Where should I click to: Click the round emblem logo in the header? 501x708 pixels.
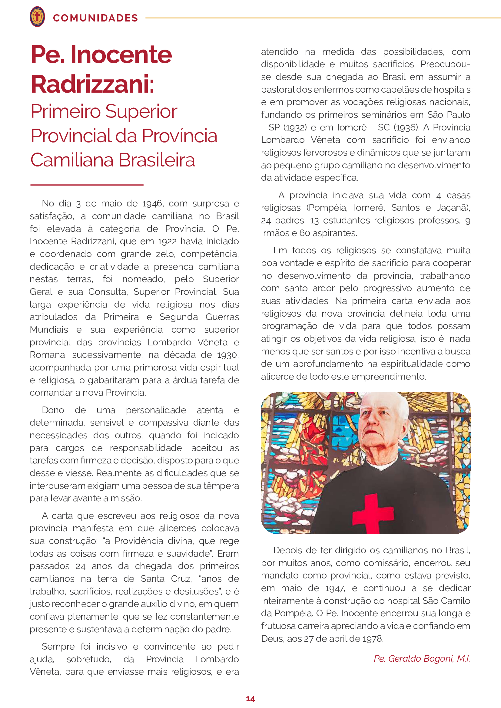coord(37,17)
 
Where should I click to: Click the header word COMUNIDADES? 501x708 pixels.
coord(95,18)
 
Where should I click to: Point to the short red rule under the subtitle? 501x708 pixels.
coord(87,185)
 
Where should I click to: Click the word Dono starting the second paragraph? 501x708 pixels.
coord(53,410)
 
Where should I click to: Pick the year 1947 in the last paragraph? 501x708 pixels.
coord(334,588)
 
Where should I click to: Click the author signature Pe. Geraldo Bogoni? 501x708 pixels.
coord(422,659)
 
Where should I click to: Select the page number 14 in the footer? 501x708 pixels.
coord(250,699)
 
